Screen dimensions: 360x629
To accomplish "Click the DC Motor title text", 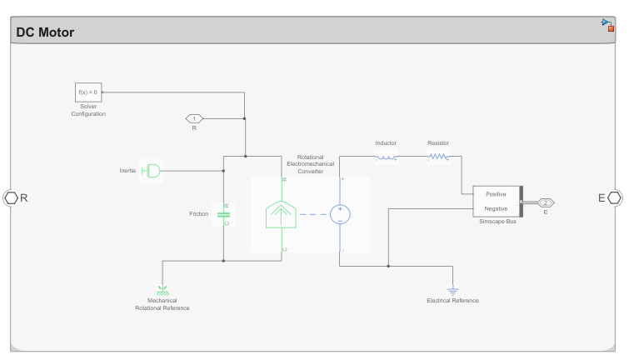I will (45, 32).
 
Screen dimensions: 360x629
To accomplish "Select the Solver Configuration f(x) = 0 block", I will (87, 92).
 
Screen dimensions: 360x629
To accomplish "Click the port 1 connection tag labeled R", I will (194, 118).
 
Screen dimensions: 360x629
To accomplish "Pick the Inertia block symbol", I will (151, 171).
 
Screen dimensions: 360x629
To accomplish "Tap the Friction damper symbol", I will (223, 214).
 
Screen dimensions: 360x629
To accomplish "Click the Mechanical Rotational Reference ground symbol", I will (162, 289).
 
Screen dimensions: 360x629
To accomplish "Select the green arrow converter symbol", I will (283, 215).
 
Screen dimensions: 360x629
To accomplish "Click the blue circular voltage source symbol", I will (340, 214).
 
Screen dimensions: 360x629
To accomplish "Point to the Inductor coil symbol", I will (386, 157).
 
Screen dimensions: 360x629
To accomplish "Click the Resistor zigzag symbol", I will (438, 157).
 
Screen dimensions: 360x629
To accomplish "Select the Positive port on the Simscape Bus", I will (496, 194).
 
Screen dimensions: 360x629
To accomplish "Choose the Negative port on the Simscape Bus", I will (496, 208).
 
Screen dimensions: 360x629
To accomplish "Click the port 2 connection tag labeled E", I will (545, 202).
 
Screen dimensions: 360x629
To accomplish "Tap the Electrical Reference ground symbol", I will (452, 291).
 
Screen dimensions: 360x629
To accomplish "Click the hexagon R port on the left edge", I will (11, 197).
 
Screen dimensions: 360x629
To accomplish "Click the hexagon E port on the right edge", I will (614, 197).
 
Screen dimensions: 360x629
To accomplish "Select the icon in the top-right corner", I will (608, 24).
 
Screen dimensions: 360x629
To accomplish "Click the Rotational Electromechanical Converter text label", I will (310, 164).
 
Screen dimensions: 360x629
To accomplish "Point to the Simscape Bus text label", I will (497, 222).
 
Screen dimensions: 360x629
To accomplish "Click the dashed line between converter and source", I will (313, 214).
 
